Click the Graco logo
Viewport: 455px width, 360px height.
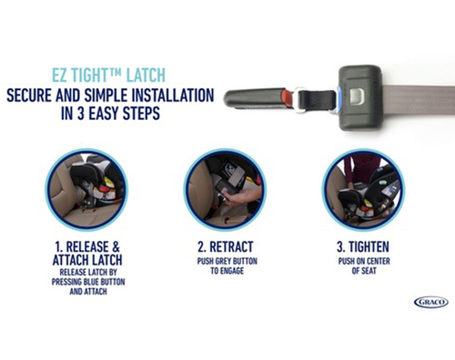pyautogui.click(x=431, y=302)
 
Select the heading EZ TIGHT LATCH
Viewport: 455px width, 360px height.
pyautogui.click(x=108, y=75)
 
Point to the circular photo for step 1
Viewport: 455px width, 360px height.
pyautogui.click(x=86, y=190)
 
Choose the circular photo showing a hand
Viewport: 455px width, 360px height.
pyautogui.click(x=225, y=190)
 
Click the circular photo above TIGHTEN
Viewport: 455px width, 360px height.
pyautogui.click(x=363, y=190)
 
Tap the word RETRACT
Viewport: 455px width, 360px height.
pyautogui.click(x=231, y=247)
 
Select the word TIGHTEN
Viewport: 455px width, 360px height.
pyautogui.click(x=369, y=247)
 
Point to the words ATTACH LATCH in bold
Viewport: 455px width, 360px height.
pyautogui.click(x=87, y=260)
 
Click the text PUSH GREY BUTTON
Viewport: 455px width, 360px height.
pyautogui.click(x=227, y=261)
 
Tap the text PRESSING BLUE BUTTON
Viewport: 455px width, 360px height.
pyautogui.click(x=88, y=282)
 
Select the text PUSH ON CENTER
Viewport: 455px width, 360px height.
pyautogui.click(x=364, y=261)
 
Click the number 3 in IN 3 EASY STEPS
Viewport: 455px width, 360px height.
pyautogui.click(x=81, y=114)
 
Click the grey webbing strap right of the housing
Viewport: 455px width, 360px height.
pyautogui.click(x=418, y=100)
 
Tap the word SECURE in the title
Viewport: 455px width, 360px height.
pyautogui.click(x=29, y=95)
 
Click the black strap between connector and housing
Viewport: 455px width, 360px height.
pyautogui.click(x=318, y=100)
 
